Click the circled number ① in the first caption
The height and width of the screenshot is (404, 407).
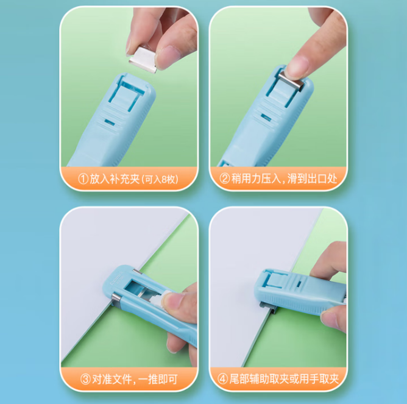83,179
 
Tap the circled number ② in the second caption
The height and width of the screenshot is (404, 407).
225,179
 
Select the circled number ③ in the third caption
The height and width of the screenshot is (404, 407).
85,380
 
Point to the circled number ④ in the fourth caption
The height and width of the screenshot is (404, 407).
222,379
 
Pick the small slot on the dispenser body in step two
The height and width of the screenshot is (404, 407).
266,118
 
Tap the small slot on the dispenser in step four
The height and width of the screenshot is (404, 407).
299,284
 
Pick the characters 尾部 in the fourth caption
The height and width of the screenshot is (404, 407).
239,379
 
